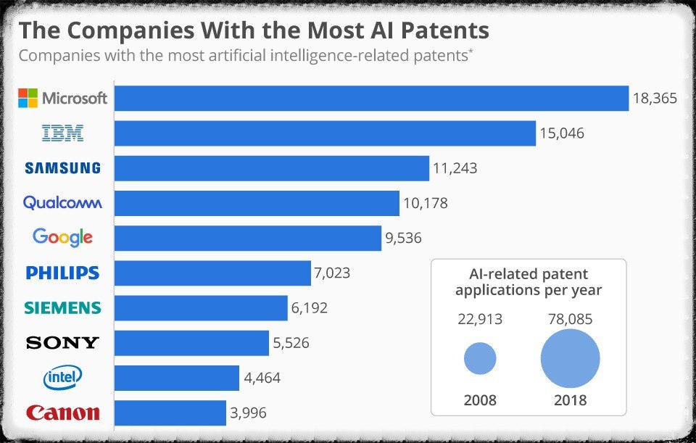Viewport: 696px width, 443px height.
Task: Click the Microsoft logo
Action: (62, 98)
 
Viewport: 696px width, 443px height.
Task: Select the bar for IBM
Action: (326, 133)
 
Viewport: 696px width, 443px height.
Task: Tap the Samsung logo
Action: (62, 168)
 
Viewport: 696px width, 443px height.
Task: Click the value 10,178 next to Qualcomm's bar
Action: (425, 203)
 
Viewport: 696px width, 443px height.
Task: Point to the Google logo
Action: (62, 237)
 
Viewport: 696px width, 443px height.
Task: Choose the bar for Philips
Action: (213, 273)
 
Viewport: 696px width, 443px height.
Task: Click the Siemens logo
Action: (62, 307)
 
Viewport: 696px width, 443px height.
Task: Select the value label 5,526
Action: (291, 343)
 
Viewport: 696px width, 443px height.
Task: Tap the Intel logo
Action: (63, 377)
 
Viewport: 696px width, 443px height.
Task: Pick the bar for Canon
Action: (171, 413)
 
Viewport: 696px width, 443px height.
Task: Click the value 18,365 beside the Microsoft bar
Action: (655, 98)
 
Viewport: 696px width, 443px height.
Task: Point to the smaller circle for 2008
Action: (479, 358)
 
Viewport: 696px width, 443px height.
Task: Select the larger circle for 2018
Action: (571, 358)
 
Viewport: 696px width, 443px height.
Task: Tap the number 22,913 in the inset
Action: (479, 319)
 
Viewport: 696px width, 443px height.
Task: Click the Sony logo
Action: (62, 343)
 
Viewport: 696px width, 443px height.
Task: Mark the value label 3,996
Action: (249, 413)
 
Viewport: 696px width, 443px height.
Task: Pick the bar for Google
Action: (248, 238)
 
